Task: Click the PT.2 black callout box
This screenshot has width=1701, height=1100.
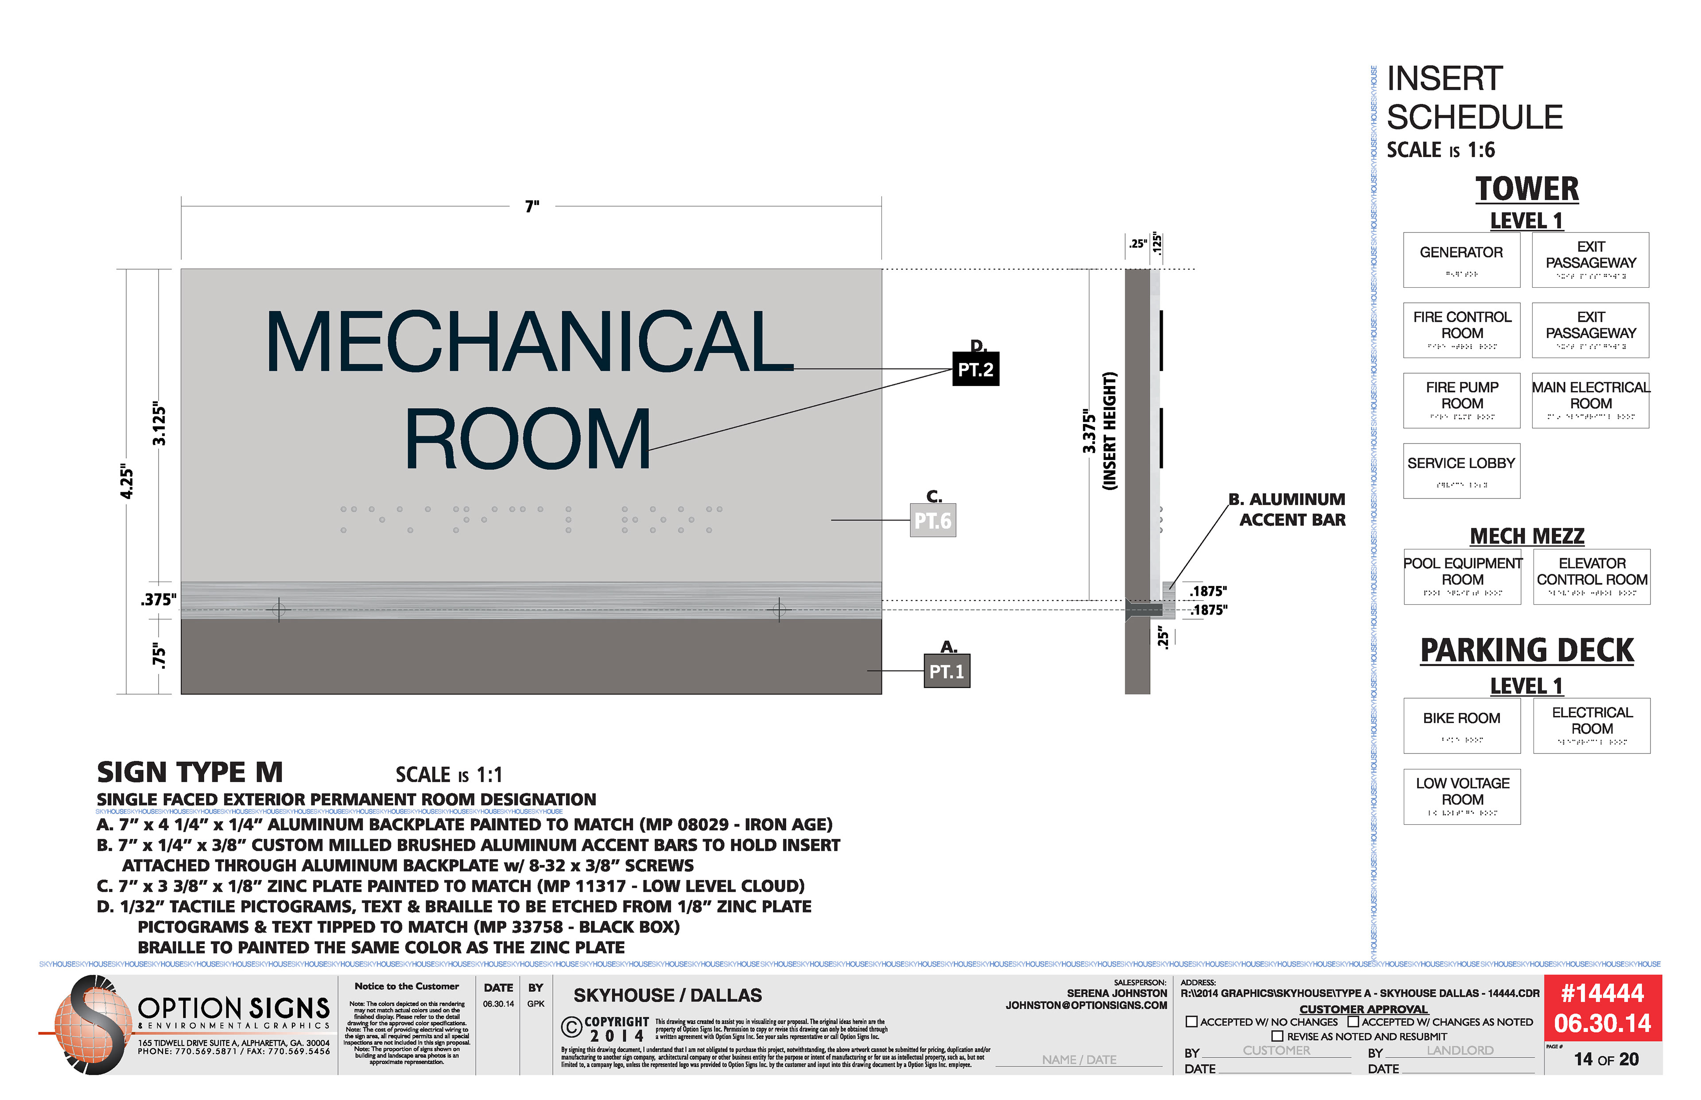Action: click(975, 369)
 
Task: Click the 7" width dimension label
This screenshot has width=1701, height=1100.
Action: click(532, 206)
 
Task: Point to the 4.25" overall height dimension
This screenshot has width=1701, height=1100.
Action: click(127, 482)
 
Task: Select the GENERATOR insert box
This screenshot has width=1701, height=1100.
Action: click(1461, 260)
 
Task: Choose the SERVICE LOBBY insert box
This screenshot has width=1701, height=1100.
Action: click(1461, 471)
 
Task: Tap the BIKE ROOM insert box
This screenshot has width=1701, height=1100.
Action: click(1461, 726)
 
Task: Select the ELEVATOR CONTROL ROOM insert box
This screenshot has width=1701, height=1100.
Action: click(1592, 576)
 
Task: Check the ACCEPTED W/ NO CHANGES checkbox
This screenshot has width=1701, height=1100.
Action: click(1192, 1022)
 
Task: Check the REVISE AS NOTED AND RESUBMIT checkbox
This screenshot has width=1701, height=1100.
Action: click(1277, 1036)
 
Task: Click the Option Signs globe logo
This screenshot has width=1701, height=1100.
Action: click(89, 1025)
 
